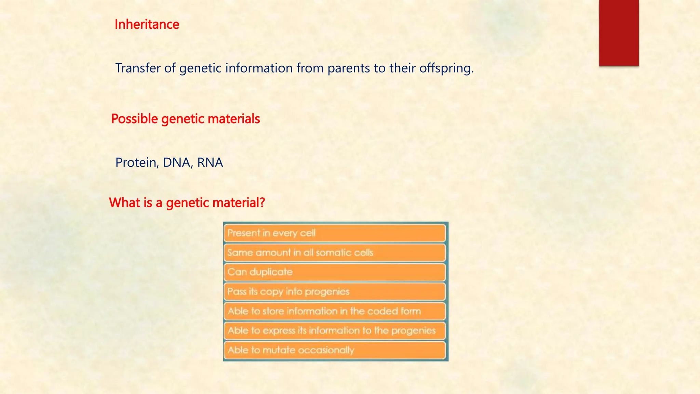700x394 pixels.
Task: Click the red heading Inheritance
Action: pos(147,25)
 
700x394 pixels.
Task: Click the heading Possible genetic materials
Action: pos(185,119)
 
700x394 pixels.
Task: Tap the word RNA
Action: pos(210,162)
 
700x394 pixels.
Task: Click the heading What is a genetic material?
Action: pos(187,203)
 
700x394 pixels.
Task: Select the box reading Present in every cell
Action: pos(335,233)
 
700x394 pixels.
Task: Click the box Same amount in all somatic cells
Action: pos(335,253)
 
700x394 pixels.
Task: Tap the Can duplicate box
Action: pos(335,272)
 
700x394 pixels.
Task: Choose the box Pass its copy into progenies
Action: pos(335,292)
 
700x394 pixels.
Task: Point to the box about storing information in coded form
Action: pos(335,311)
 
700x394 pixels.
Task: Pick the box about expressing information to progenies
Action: pos(335,331)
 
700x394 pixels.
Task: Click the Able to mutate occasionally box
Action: pos(335,350)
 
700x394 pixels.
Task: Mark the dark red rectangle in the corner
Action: pos(619,32)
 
